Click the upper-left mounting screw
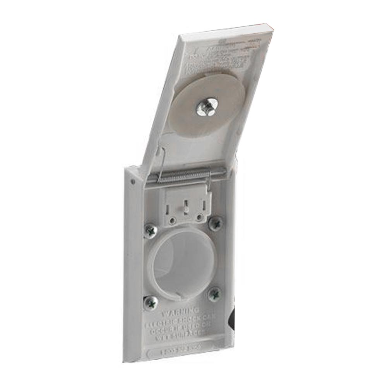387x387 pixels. pos(151,231)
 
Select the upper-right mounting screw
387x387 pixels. pos(215,223)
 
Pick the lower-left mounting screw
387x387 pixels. pos(151,302)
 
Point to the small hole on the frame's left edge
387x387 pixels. pos(133,181)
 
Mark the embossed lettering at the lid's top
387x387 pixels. pos(221,54)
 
